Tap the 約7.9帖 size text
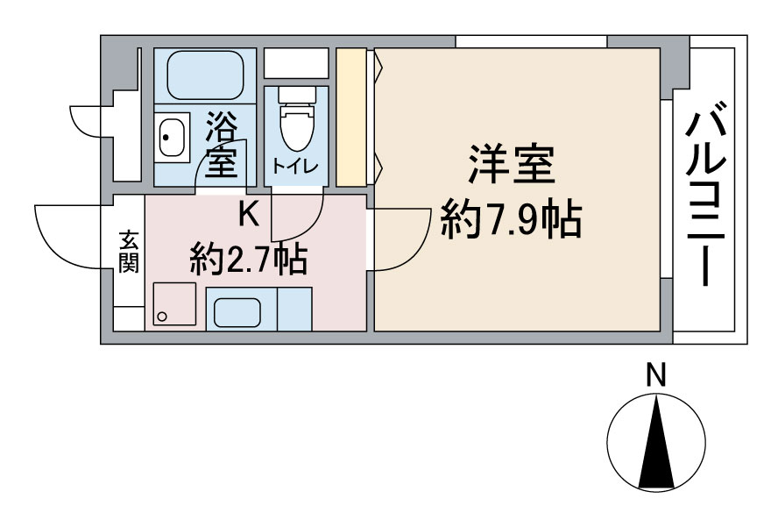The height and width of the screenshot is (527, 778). coord(511,219)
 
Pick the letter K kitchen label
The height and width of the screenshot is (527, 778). coord(248,213)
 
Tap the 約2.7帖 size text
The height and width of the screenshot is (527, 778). coord(248,260)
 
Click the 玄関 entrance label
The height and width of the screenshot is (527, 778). coord(129,252)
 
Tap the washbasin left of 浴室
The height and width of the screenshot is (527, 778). coord(172,138)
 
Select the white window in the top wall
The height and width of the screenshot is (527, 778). coord(531,41)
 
